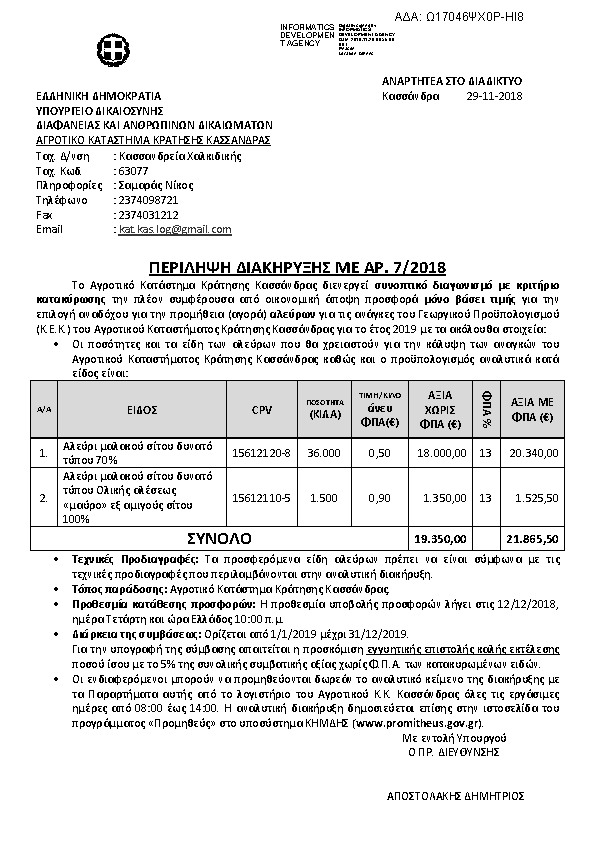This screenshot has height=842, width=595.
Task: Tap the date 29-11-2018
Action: [495, 96]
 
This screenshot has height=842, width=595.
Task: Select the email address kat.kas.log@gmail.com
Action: [175, 229]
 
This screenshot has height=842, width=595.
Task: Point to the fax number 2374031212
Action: [148, 214]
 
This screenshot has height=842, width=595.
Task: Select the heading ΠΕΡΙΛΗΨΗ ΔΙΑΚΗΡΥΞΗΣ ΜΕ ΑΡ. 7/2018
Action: [297, 268]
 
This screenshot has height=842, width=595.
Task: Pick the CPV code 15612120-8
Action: [262, 453]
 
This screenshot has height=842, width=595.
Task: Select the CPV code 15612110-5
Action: [262, 497]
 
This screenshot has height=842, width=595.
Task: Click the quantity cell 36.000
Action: [323, 453]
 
